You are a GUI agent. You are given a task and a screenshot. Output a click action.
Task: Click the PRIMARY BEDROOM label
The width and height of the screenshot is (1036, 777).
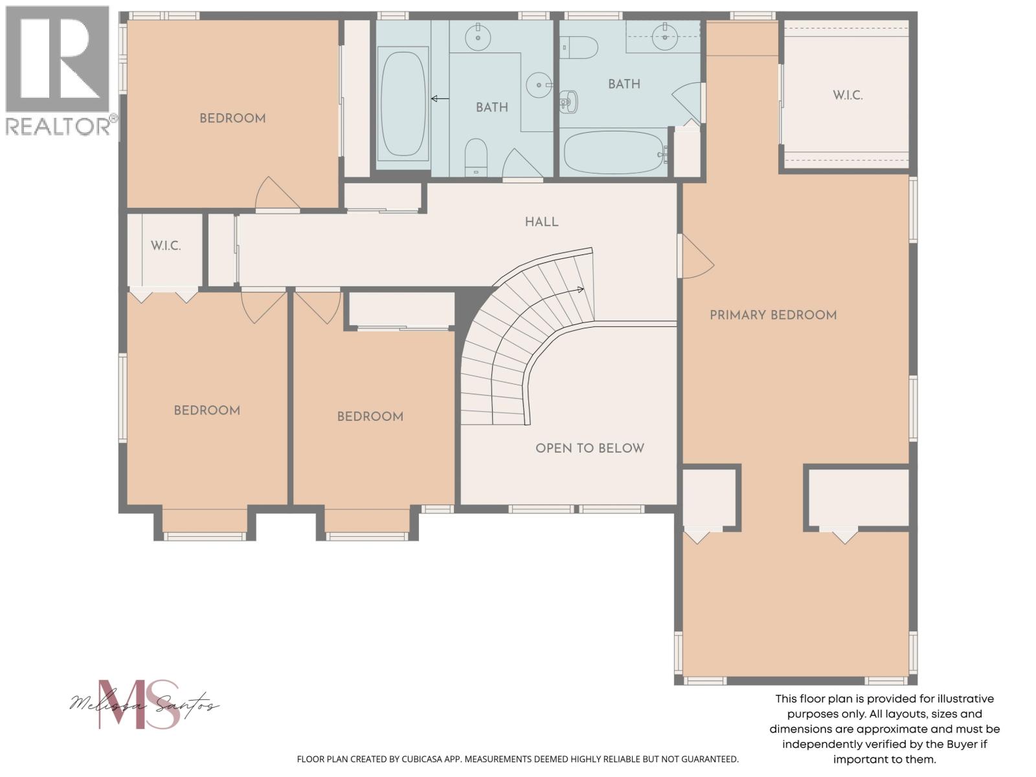coord(773,315)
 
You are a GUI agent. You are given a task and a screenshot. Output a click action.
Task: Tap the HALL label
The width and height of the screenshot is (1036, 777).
coord(541,222)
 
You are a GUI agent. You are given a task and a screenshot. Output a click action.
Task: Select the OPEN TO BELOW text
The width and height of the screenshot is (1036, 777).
coord(589,448)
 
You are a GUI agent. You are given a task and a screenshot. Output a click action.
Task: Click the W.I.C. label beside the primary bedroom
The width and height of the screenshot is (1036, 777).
coord(848,96)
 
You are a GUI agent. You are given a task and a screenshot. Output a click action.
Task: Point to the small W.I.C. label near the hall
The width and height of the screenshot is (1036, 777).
coord(166,246)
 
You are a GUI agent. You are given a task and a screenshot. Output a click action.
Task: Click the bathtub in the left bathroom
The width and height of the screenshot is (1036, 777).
coord(403,104)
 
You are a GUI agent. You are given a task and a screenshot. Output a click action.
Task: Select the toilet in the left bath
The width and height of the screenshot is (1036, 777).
coord(476,156)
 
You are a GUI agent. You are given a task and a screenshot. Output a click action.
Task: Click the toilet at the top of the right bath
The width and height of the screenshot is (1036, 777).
coord(580,47)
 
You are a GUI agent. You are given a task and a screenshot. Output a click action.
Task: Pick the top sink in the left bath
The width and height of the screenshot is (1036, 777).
coord(478,36)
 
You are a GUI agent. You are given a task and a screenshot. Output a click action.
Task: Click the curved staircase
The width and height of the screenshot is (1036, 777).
coord(518,337)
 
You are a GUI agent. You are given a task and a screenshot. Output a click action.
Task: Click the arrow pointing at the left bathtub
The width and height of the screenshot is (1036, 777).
coord(440,99)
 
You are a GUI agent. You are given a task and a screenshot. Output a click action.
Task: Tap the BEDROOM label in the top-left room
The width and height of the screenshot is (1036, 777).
coord(232,118)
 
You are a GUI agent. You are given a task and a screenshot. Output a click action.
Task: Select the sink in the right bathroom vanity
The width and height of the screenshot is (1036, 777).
coord(664,36)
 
